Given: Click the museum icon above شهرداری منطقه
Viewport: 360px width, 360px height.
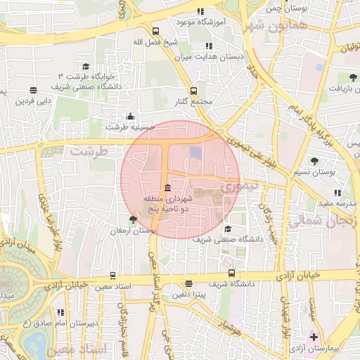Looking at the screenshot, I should [x=166, y=188].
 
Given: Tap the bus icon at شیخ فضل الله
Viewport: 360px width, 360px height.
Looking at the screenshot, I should [x=155, y=32].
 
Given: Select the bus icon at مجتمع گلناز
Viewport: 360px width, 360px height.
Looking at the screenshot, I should [x=193, y=91].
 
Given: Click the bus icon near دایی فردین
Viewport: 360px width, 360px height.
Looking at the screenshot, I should [x=33, y=90].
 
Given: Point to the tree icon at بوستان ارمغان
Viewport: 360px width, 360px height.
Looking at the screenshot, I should [x=133, y=220].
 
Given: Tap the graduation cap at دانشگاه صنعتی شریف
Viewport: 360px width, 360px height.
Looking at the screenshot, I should [x=227, y=229].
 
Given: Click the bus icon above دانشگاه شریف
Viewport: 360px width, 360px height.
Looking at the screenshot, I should [x=232, y=274].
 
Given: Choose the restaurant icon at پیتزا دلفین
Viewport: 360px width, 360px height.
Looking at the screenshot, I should [x=188, y=284].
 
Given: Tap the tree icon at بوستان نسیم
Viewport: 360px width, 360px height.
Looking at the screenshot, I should [x=314, y=161].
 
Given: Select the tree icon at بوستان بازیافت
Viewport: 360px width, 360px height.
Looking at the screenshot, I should [x=352, y=77].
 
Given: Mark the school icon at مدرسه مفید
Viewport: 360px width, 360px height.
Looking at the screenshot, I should [x=338, y=193].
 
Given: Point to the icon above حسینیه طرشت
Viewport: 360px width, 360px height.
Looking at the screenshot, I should [x=129, y=117].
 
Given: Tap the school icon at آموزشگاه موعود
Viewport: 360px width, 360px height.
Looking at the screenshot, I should [x=200, y=12].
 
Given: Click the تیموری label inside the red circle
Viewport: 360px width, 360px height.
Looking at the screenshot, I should [x=231, y=188].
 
